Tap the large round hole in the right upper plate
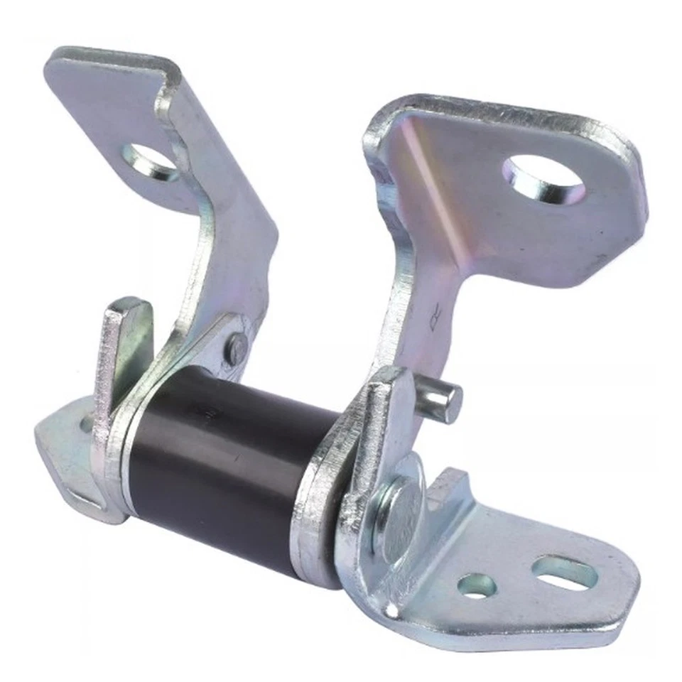543,178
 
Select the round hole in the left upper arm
151,162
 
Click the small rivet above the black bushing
237,348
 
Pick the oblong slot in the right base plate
565,572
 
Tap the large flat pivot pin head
398,515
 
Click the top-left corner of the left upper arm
53,60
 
